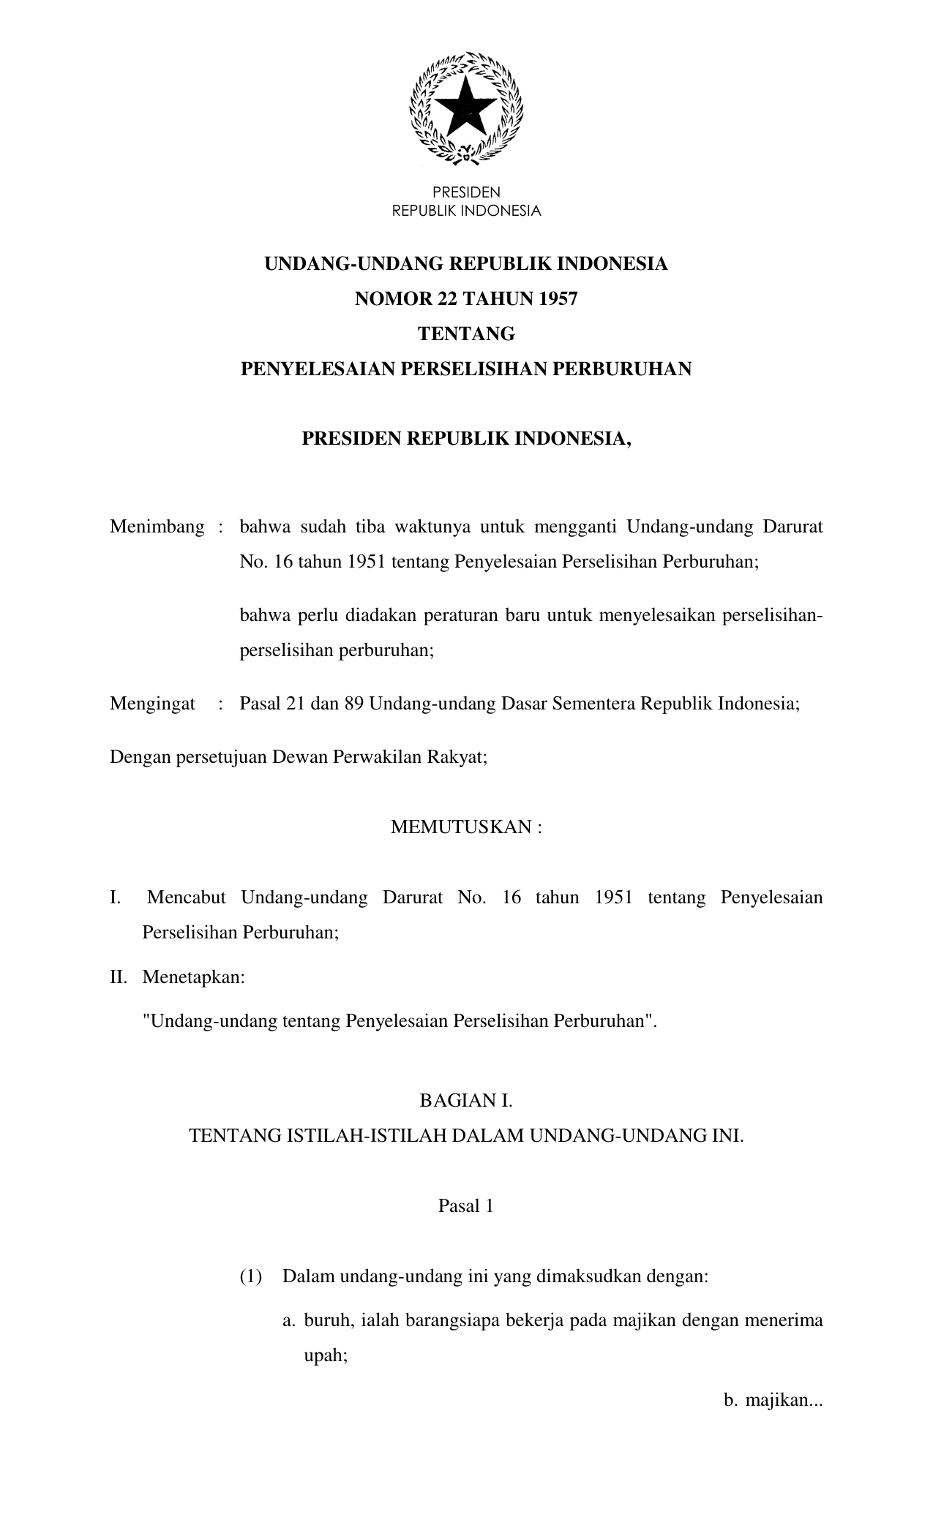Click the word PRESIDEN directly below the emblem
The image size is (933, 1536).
click(466, 192)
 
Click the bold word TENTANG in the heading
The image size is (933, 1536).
click(466, 334)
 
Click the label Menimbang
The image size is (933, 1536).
click(157, 527)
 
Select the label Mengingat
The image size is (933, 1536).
click(152, 704)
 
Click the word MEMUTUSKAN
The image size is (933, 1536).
click(459, 827)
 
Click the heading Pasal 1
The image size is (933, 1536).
click(466, 1206)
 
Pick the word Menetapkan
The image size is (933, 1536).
click(193, 976)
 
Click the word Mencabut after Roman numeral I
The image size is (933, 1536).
click(186, 897)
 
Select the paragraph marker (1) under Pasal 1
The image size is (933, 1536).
click(250, 1277)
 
